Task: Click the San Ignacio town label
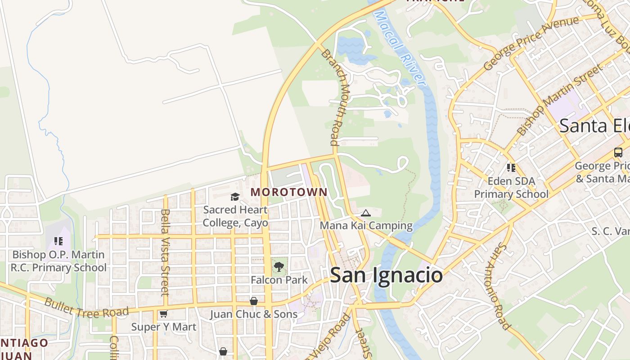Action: click(x=386, y=275)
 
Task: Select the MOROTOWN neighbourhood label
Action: click(x=289, y=192)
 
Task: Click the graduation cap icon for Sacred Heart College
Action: click(x=235, y=197)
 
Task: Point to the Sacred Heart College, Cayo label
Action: click(x=235, y=216)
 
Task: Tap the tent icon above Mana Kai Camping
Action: click(x=366, y=213)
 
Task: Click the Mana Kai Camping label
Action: click(x=366, y=225)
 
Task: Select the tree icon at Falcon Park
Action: click(x=279, y=267)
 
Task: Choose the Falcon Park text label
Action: click(x=279, y=280)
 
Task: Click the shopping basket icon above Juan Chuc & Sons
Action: click(x=254, y=301)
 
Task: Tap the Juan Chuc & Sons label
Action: click(x=254, y=314)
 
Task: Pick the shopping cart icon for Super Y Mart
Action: click(x=163, y=314)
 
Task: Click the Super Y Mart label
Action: click(x=164, y=327)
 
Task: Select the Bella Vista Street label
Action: click(x=165, y=252)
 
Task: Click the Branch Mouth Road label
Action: click(x=333, y=97)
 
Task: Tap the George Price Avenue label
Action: click(x=531, y=44)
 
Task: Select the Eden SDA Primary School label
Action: click(x=511, y=188)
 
